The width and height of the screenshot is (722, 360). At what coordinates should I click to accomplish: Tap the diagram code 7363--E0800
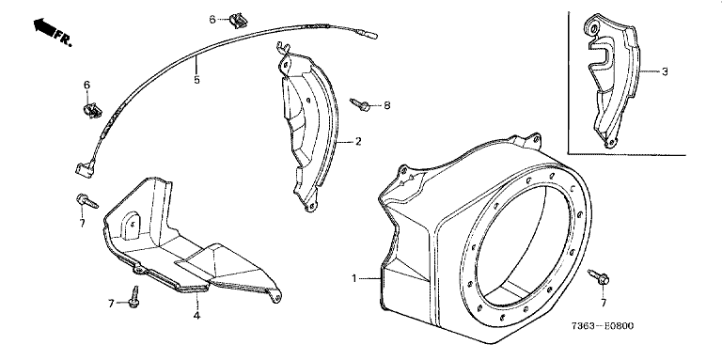click(603, 326)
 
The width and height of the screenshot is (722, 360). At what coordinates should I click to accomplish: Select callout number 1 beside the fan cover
click(354, 278)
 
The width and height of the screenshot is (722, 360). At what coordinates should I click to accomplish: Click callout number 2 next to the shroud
click(358, 141)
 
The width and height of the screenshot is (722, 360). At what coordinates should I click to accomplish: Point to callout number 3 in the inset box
click(665, 71)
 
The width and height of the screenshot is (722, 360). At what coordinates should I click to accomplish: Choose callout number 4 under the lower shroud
click(196, 316)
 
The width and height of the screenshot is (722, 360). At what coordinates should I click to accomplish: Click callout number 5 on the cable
click(196, 80)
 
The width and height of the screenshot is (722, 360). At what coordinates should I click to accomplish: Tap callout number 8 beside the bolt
click(386, 105)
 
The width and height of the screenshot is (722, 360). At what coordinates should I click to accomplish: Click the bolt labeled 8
click(360, 105)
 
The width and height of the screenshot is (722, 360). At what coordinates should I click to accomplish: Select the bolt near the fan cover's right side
click(599, 276)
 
